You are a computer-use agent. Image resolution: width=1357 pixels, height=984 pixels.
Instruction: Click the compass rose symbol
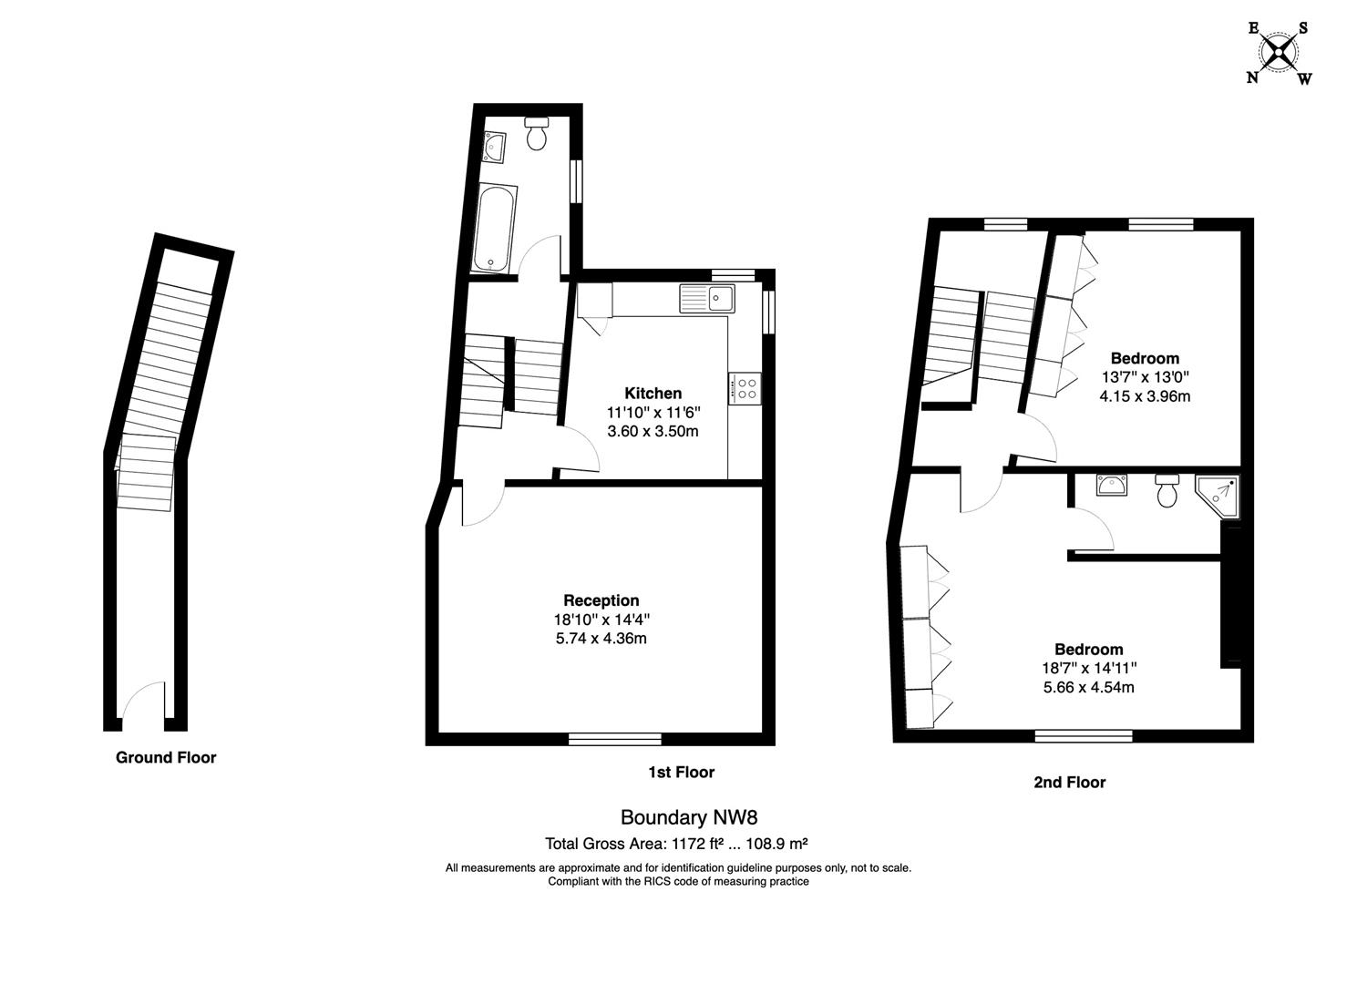click(1280, 52)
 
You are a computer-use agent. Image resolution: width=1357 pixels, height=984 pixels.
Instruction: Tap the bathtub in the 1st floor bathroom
click(495, 228)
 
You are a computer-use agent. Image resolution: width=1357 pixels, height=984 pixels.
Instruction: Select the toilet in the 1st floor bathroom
click(537, 134)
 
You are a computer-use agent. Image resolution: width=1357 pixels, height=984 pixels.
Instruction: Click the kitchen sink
click(707, 297)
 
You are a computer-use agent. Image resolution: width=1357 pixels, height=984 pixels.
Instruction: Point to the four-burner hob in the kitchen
click(745, 389)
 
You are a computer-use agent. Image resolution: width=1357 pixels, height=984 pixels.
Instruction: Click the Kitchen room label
click(653, 394)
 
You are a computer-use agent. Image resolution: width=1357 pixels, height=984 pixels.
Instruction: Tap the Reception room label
click(601, 600)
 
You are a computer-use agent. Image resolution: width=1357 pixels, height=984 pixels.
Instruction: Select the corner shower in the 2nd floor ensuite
click(1219, 496)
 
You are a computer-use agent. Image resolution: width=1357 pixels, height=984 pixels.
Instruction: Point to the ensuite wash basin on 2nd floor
click(1112, 485)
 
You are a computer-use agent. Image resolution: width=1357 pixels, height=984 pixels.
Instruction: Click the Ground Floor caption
click(166, 757)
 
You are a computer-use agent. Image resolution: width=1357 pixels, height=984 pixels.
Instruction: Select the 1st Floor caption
click(681, 772)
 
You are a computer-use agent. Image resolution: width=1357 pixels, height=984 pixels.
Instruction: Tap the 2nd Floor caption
click(1069, 782)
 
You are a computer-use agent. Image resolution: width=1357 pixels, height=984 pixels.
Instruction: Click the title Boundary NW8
click(675, 817)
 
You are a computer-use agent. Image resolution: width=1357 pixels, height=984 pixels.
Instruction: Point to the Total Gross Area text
click(676, 843)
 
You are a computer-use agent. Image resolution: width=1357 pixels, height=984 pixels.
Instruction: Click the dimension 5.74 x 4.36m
click(601, 639)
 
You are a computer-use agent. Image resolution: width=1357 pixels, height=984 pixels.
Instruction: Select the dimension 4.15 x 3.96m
click(1145, 396)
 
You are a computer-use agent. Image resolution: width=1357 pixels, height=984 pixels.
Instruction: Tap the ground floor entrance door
click(143, 705)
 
